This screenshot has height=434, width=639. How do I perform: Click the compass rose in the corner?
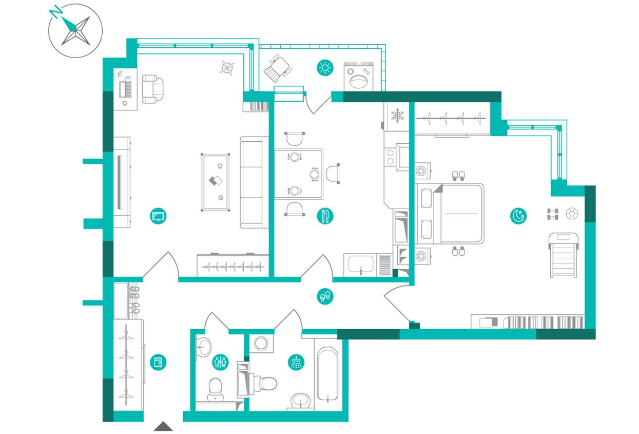pos(75,30)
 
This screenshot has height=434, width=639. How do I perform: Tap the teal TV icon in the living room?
pos(158,216)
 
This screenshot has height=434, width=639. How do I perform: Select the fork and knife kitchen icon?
pos(325,216)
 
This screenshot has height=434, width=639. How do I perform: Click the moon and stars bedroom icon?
pos(518,216)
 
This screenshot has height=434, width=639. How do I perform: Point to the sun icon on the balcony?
pos(325,68)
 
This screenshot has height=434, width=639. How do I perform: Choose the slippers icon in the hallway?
pos(325,296)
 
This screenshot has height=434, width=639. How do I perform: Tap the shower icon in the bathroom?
pos(296,362)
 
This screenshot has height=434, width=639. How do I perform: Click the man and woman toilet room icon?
pos(220,362)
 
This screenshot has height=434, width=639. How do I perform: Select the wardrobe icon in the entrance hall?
pos(158,362)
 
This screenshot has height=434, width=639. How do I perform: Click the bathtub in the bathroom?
pos(327,374)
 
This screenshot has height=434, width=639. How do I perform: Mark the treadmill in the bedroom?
pos(564,255)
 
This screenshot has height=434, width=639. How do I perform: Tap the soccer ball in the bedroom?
pos(572,214)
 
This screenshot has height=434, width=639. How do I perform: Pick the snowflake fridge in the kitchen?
pos(397,116)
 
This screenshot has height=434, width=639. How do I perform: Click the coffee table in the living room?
pos(216,182)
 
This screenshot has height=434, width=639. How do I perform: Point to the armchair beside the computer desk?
pos(153,89)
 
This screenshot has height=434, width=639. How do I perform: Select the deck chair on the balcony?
pos(278,68)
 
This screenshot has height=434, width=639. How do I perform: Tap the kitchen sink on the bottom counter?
pos(361,265)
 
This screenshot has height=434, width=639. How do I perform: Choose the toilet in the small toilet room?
pos(216,389)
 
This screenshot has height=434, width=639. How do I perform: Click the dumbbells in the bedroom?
pos(553,214)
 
